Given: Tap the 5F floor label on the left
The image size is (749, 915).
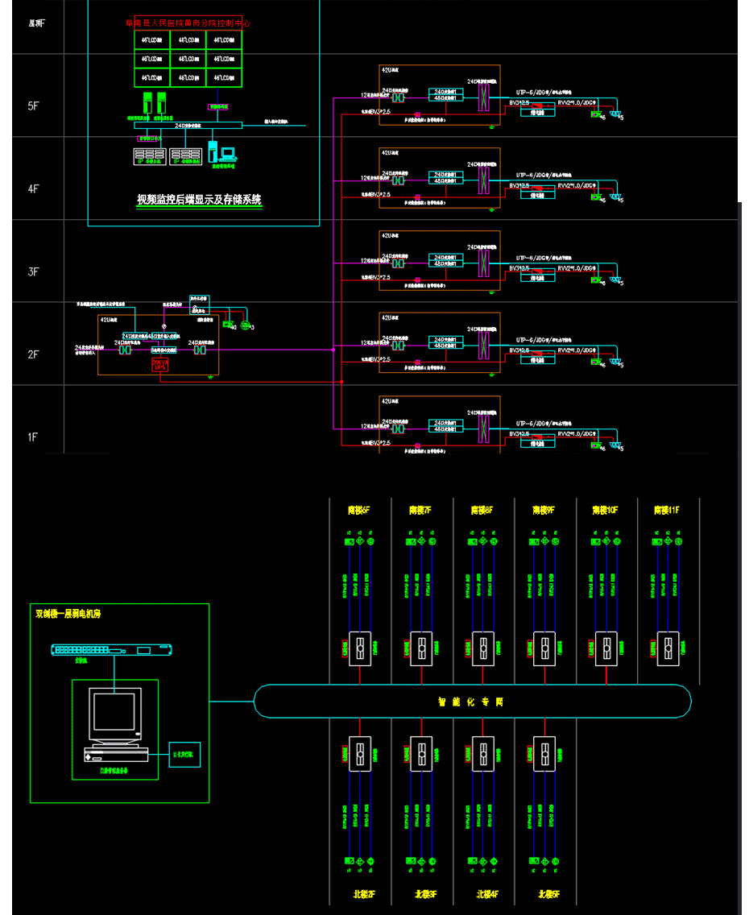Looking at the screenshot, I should [33, 106].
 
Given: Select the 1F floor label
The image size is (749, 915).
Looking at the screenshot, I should [33, 437].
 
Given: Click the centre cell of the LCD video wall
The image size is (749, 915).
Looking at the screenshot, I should [188, 59].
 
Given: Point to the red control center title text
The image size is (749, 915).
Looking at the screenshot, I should [188, 24].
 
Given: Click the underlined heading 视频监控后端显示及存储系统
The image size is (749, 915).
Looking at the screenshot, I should [199, 199].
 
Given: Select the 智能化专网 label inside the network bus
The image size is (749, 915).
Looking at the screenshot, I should [471, 702].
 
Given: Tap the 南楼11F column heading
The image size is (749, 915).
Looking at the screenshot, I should [668, 510].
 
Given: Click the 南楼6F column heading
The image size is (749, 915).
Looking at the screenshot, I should [359, 510].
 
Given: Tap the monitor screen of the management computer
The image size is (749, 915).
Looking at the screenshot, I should [114, 713].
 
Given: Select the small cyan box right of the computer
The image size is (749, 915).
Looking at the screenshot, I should [184, 755].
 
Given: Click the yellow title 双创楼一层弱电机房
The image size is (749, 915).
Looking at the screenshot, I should [68, 614].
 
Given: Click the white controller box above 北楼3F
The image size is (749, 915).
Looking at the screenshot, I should [421, 754].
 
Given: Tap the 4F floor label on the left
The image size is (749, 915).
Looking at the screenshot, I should [33, 189].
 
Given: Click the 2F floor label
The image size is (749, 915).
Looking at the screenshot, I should [33, 354].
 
